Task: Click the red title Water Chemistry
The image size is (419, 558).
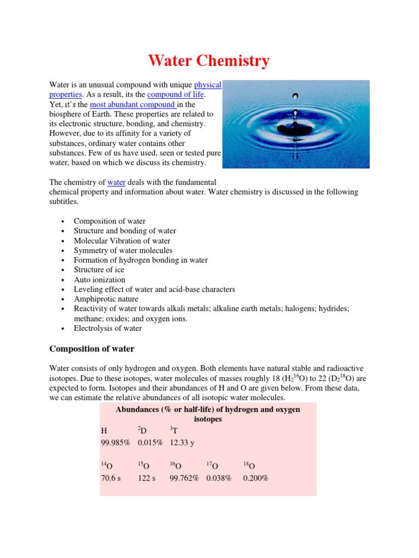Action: coord(209,61)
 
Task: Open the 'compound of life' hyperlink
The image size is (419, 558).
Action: coord(176,95)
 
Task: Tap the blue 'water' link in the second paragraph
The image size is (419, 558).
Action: coord(116,182)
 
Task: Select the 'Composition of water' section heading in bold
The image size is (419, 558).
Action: coord(92,349)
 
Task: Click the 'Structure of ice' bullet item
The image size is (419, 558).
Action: coord(99,270)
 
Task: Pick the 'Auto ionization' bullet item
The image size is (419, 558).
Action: coord(99,280)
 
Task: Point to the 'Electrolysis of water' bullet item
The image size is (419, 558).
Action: coord(107,329)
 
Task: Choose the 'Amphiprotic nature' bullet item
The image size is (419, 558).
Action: coord(106,299)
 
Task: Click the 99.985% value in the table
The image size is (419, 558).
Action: coord(115,443)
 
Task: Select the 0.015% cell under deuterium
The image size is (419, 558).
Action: coord(150,443)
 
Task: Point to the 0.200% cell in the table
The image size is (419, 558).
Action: coord(255,478)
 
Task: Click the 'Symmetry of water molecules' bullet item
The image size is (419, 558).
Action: coord(123,251)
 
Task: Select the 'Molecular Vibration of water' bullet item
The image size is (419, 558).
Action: coord(122,241)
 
